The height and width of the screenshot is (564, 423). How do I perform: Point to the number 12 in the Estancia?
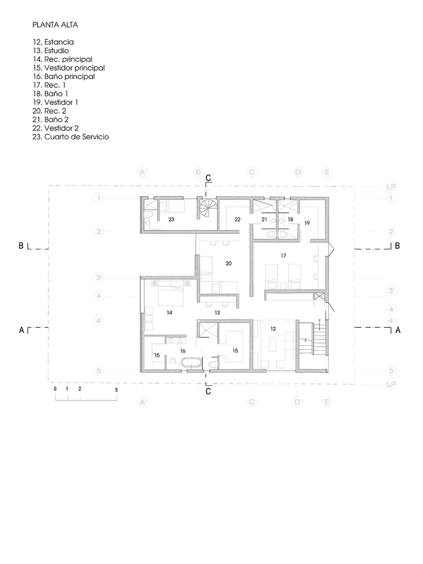272,328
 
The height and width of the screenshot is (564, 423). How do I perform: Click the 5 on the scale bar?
116,390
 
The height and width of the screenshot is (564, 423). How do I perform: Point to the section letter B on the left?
21,246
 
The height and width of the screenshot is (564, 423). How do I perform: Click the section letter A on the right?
398,331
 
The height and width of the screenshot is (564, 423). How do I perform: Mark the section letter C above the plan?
208,178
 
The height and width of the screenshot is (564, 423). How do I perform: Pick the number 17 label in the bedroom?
284,255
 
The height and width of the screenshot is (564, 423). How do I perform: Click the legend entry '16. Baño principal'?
63,76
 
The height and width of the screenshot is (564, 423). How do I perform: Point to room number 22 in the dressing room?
237,219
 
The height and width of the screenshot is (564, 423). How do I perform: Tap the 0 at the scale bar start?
55,390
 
